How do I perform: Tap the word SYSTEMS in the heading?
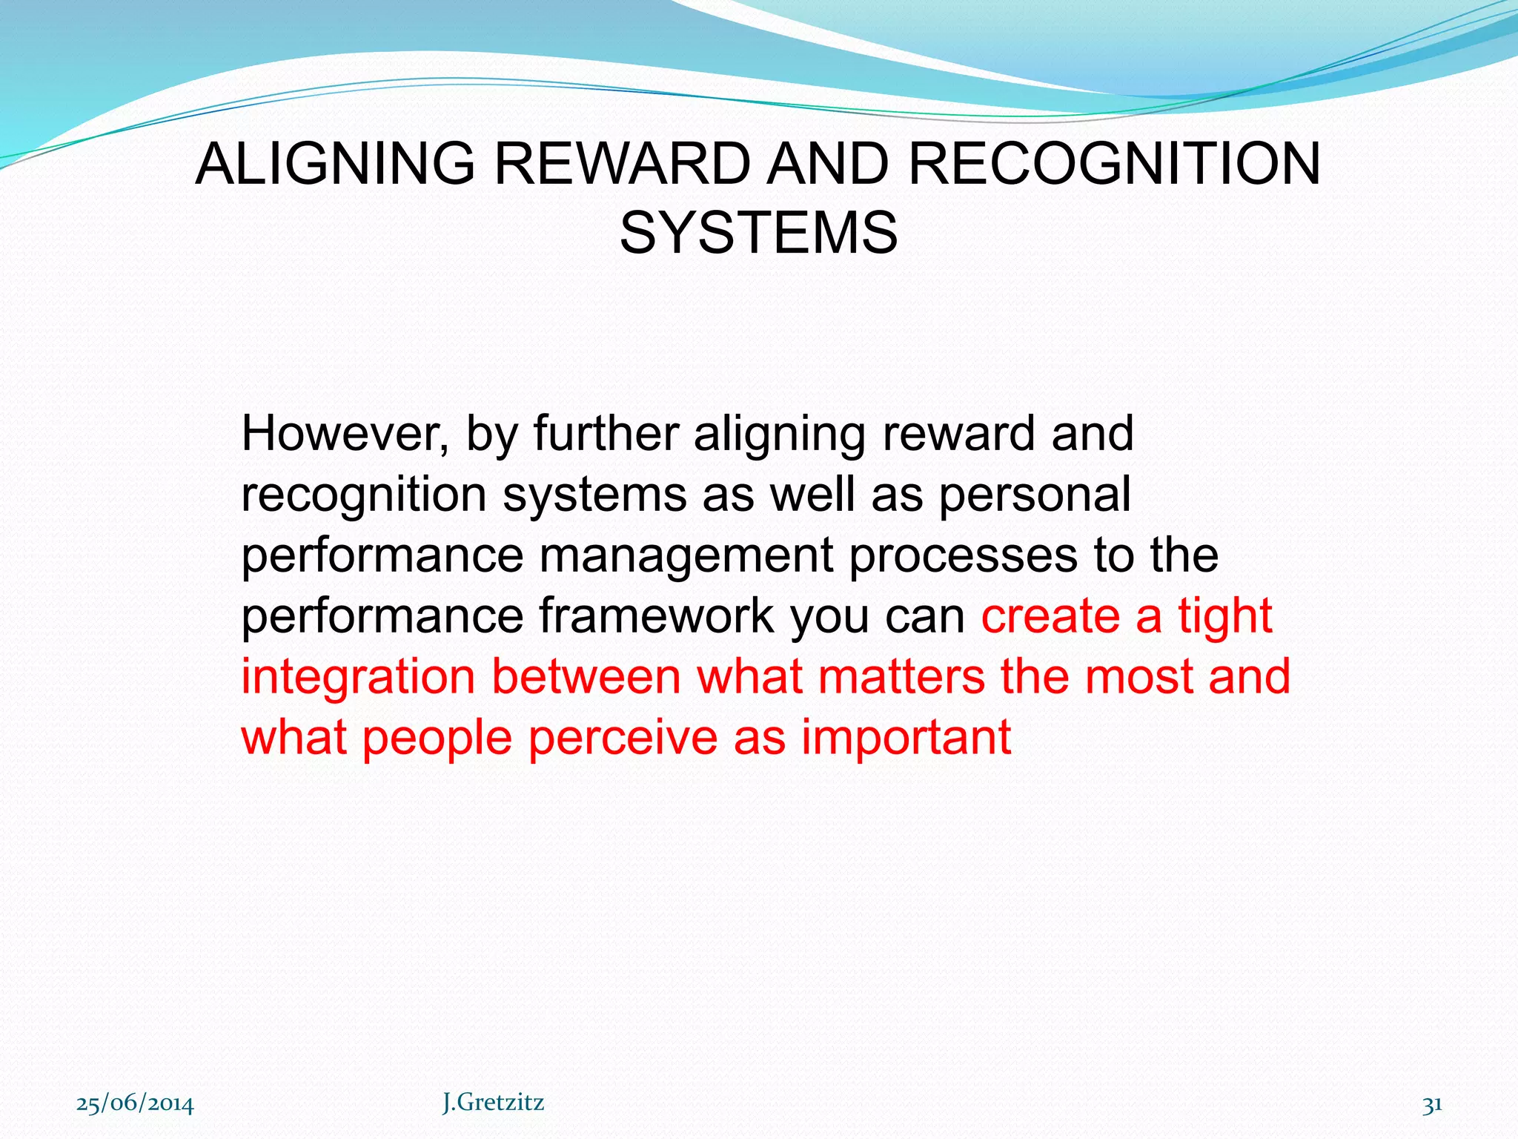click(x=758, y=233)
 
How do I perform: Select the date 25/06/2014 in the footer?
click(x=135, y=1104)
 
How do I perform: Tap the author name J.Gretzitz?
click(x=493, y=1103)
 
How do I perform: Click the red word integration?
click(x=358, y=678)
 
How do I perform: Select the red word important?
click(x=906, y=738)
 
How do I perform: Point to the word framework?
click(x=656, y=616)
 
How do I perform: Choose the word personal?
click(x=1035, y=495)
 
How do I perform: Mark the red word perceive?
click(x=623, y=739)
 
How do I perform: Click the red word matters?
click(x=902, y=677)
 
